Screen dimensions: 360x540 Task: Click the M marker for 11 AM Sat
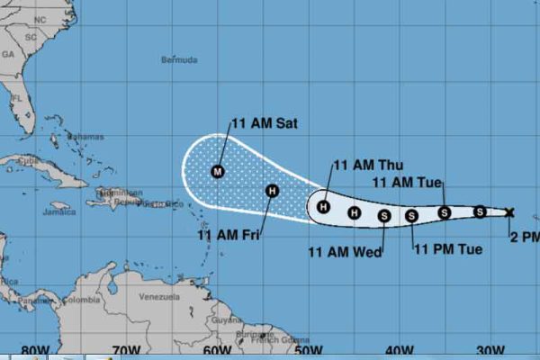click(217, 170)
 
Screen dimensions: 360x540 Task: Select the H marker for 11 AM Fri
click(273, 191)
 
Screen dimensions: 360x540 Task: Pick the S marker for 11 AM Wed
click(384, 215)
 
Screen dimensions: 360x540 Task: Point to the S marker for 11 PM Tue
click(412, 215)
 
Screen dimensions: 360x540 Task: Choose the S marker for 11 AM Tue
click(445, 212)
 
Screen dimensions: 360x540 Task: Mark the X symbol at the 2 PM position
click(509, 212)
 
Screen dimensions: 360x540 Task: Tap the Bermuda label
click(177, 60)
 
